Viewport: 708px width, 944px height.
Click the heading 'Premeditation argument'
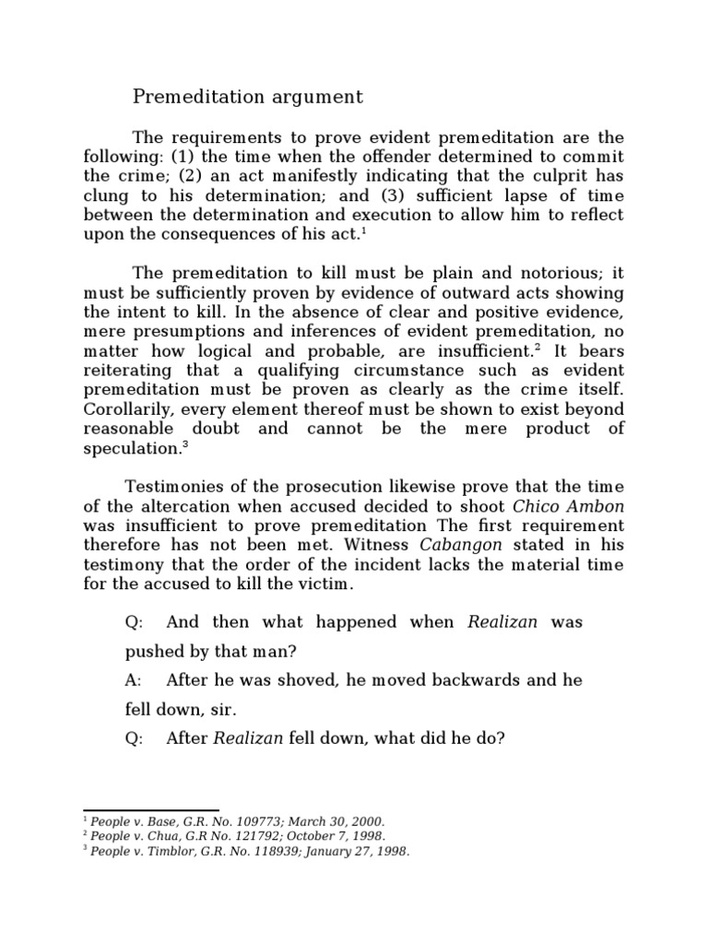(248, 96)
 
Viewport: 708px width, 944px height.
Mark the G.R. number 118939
(254, 851)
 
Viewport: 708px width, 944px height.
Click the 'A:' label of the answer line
(134, 680)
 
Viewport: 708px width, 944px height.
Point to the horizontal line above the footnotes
(151, 810)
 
